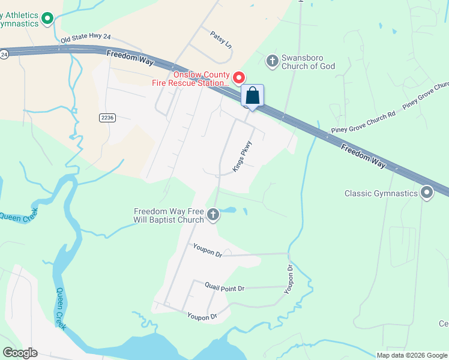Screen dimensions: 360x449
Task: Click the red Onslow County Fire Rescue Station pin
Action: [239, 78]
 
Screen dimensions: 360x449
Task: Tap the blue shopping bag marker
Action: [253, 97]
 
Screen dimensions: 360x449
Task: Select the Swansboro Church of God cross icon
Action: [272, 60]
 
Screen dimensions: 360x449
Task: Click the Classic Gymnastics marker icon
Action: [427, 193]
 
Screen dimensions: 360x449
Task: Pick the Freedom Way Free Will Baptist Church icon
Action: [212, 215]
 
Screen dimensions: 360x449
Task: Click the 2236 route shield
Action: [107, 118]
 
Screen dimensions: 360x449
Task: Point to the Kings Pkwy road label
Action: [243, 158]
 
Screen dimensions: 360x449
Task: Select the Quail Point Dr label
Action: [224, 289]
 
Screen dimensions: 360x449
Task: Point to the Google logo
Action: [20, 353]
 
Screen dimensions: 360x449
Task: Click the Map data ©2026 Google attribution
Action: [411, 355]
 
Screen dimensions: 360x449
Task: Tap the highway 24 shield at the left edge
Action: [4, 54]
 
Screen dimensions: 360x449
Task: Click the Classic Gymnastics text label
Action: [381, 194]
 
